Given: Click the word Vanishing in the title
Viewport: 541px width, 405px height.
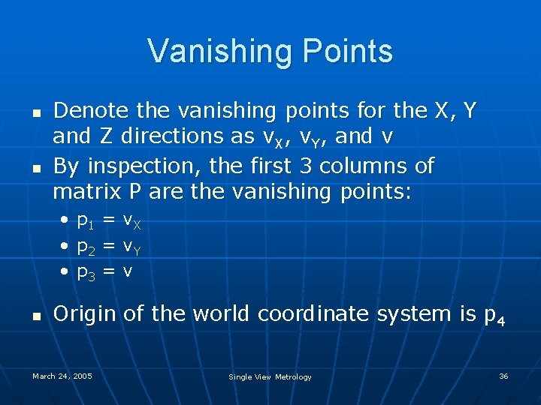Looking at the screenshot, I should pos(211,51).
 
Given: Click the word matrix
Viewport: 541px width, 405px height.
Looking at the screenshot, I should pos(88,191).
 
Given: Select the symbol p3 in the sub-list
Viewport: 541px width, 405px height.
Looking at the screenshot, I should pos(86,273).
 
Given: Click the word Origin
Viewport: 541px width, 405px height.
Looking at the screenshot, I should pos(86,314).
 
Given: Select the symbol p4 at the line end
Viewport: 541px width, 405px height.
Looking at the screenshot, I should pos(494,316).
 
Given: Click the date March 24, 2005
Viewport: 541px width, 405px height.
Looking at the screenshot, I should pos(62,376).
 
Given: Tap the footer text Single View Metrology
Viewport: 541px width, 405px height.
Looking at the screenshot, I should pos(270,376).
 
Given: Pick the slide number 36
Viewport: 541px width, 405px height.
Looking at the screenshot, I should pos(503,376).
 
